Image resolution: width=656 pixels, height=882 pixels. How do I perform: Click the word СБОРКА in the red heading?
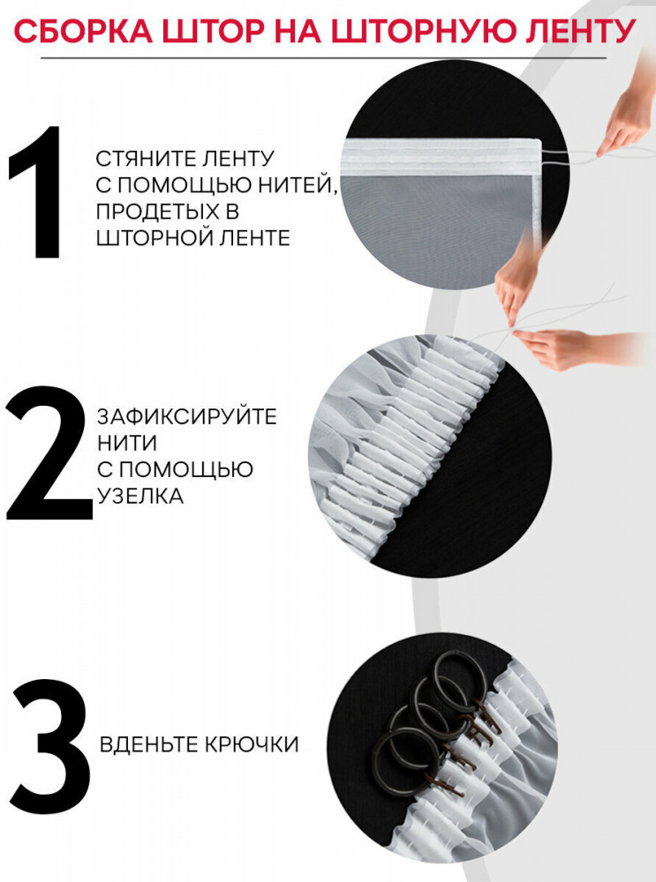tap(83, 31)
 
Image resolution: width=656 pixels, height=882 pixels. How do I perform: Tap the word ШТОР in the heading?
tap(213, 31)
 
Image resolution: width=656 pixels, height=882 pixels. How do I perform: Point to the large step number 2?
tap(49, 452)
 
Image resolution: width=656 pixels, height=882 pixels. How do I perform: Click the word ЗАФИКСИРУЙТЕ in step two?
tap(187, 417)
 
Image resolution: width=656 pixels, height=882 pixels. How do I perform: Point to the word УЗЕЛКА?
tap(140, 496)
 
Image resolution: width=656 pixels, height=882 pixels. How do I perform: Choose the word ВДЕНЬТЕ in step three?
tap(148, 744)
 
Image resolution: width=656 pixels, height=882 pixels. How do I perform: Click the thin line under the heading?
tap(323, 58)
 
